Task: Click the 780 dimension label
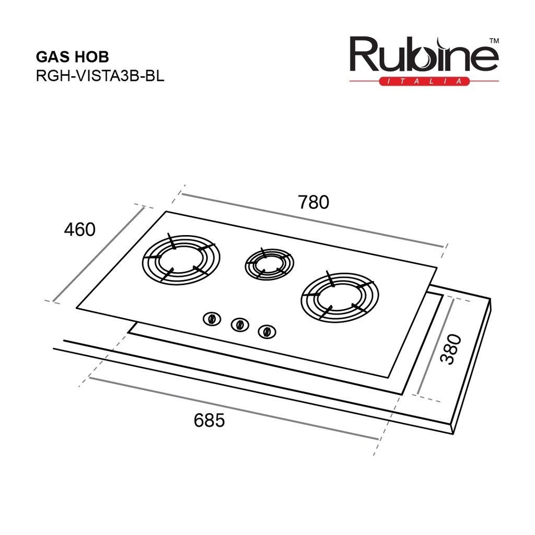click(x=313, y=202)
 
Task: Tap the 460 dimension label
click(x=79, y=229)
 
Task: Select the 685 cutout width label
click(x=209, y=420)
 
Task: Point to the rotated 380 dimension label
click(x=451, y=349)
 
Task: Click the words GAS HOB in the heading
click(x=72, y=57)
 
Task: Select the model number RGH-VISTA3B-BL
click(x=100, y=76)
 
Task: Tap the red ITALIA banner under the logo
click(x=424, y=81)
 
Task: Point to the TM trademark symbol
click(x=494, y=41)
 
